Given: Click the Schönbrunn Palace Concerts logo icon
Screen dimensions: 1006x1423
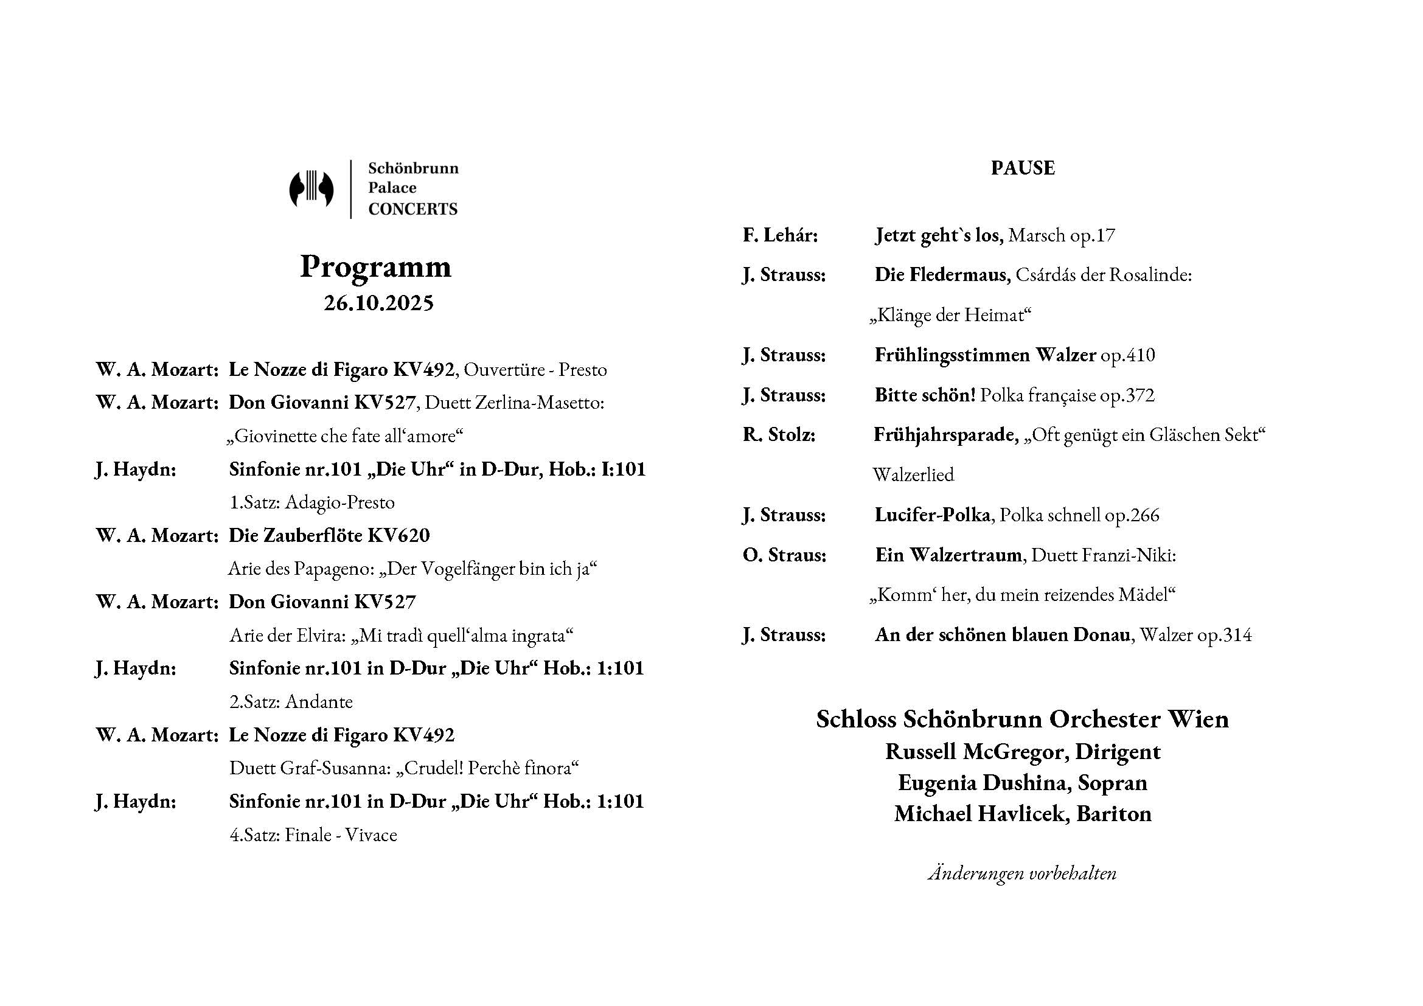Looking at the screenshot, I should tap(311, 189).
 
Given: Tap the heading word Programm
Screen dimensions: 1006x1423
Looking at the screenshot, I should tap(375, 267).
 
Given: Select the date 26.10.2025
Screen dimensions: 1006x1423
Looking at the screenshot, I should tap(378, 303).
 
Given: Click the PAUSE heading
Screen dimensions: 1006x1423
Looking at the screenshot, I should tap(1022, 168).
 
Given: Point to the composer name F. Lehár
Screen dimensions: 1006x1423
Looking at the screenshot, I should tap(781, 235).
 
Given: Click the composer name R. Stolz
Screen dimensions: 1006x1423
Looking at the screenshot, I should tap(779, 435).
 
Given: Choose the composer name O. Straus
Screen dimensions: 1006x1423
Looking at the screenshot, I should tap(784, 555).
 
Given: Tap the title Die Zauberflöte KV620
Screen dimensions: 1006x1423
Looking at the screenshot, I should tap(329, 535).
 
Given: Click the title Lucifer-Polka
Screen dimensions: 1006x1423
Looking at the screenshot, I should tap(931, 515).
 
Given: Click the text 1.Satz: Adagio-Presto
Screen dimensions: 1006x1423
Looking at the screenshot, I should tap(311, 502).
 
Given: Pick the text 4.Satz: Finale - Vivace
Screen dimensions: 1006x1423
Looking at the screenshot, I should tap(313, 835).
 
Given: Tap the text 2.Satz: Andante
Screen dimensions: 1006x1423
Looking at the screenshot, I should tap(291, 702).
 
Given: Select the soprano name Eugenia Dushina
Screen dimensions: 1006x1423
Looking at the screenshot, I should tap(984, 783).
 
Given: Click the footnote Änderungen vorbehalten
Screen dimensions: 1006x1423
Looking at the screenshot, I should tap(1022, 873).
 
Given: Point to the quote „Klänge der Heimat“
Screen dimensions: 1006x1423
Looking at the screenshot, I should tap(950, 315).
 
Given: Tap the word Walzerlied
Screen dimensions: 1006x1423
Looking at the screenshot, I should tap(913, 475).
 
